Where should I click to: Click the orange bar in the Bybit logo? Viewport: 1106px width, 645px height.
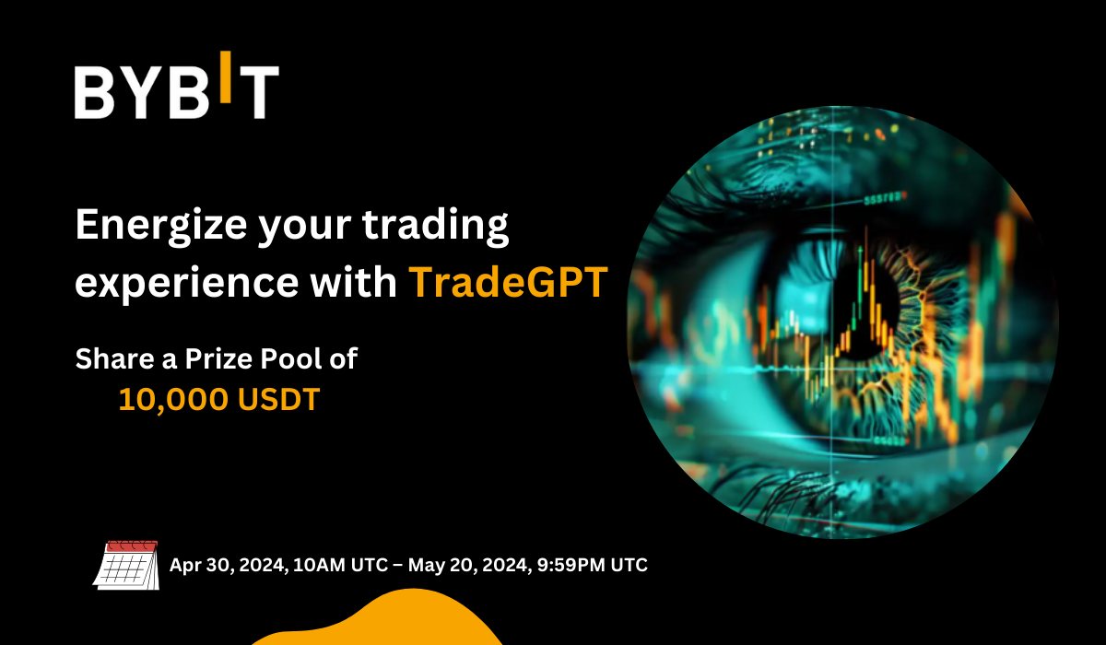[225, 76]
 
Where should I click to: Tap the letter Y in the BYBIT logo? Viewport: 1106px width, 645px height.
[144, 92]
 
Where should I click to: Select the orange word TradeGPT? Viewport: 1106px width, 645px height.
[509, 282]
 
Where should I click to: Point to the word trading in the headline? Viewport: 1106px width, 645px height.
[435, 226]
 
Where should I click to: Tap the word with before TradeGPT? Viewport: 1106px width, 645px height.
[354, 281]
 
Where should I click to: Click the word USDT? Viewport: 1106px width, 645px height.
[279, 399]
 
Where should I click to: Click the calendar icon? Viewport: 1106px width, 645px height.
[126, 565]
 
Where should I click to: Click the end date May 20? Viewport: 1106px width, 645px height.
[443, 565]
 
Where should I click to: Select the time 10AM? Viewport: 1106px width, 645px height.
[320, 565]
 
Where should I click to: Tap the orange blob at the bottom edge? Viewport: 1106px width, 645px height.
[378, 618]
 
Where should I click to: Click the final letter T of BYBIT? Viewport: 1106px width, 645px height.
[259, 92]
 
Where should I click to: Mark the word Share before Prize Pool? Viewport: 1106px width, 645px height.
[114, 358]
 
